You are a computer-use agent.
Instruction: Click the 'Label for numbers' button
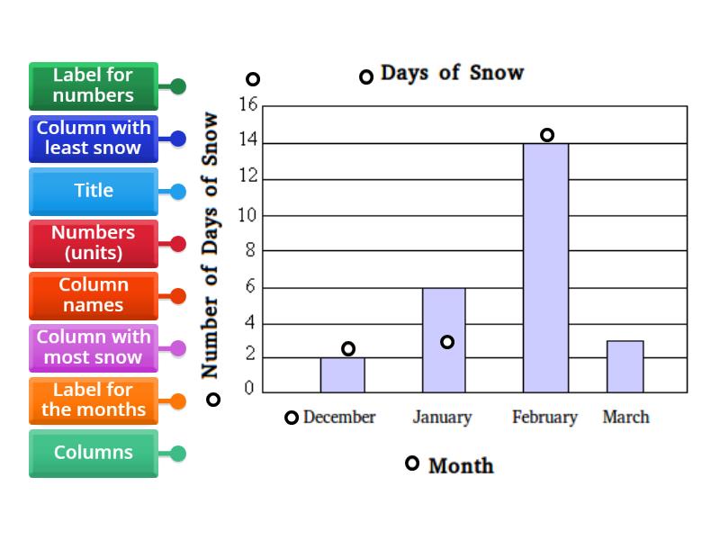click(94, 85)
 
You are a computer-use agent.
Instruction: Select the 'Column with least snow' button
click(94, 138)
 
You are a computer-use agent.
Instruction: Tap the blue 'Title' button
click(94, 191)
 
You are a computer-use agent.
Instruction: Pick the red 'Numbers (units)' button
click(94, 243)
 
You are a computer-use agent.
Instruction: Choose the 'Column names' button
click(94, 295)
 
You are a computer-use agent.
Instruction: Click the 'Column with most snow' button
click(94, 347)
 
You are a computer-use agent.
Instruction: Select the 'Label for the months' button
click(94, 400)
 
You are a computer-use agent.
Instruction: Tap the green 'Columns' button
click(94, 453)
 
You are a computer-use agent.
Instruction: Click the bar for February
click(545, 270)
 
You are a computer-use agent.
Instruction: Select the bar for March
click(625, 367)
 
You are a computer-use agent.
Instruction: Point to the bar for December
click(343, 375)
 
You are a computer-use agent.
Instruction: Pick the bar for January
click(444, 360)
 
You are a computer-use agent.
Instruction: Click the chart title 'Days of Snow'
click(452, 73)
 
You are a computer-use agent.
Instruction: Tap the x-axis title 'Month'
click(461, 465)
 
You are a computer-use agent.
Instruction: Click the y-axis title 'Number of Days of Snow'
click(210, 245)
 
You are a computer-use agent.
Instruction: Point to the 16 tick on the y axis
click(247, 105)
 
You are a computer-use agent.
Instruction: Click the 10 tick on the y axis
click(247, 215)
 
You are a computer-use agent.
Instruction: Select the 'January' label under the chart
click(442, 418)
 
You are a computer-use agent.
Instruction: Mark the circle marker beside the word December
click(292, 418)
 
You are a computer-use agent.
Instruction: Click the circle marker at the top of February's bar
click(547, 135)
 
